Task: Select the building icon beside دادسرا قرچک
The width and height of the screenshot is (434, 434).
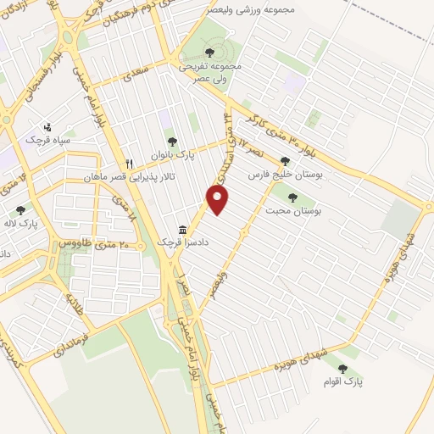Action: point(183,230)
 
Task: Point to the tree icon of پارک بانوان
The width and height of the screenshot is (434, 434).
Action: point(172,142)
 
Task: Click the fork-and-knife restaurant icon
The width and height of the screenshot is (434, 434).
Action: point(130,163)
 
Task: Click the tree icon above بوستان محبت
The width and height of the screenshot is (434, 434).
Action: point(292,197)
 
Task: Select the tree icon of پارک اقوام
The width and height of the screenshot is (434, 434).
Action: point(342,368)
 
